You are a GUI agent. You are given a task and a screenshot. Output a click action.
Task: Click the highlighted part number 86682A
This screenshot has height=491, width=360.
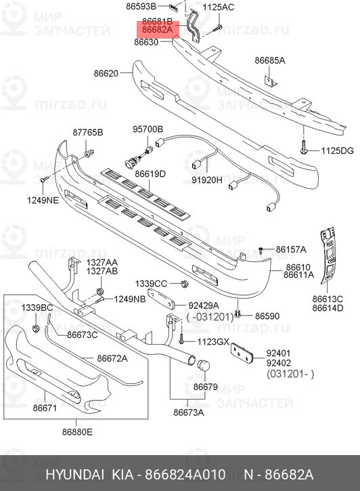pos(157,30)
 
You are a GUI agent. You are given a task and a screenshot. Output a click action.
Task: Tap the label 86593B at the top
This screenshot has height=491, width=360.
pos(141,7)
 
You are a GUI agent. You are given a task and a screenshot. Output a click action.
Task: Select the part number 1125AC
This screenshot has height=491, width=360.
pos(219,7)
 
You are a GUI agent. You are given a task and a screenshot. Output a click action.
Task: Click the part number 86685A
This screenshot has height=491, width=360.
pos(270,60)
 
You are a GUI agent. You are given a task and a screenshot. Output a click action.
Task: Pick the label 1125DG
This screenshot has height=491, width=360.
pos(337,150)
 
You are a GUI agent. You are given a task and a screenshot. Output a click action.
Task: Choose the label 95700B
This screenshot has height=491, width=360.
pos(148,129)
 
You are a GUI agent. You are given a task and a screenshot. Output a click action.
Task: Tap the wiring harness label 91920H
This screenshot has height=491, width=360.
pos(206,181)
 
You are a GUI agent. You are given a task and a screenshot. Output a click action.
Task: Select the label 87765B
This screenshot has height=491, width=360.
pos(88,132)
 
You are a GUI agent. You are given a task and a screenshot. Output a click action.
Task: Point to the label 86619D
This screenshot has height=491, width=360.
pos(150,174)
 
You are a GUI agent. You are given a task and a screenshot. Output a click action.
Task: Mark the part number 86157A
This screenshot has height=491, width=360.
pos(291,249)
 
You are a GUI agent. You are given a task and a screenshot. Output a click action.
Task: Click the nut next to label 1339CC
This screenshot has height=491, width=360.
pos(183,283)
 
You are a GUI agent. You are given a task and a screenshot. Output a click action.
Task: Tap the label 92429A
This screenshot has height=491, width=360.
pos(204,305)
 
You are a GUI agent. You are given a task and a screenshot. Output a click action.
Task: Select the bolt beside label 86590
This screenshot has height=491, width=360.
pos(239,314)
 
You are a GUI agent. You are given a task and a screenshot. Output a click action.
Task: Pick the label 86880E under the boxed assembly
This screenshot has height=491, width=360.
pos(76,431)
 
